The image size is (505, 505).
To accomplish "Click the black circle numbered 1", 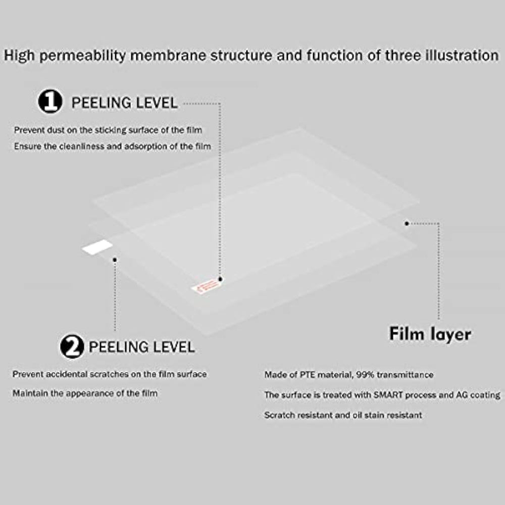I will click(50, 102).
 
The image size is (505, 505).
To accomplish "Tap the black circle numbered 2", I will click(72, 346).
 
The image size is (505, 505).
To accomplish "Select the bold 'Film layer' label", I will click(430, 334).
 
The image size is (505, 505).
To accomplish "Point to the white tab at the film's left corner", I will click(97, 247).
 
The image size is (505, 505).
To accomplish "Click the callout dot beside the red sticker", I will click(220, 278).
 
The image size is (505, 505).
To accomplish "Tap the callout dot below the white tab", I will click(115, 260).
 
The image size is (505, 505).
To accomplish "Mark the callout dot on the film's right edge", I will click(407, 223).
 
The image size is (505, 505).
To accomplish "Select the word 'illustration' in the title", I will click(455, 55).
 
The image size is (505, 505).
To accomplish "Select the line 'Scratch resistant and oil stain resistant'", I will click(343, 415).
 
